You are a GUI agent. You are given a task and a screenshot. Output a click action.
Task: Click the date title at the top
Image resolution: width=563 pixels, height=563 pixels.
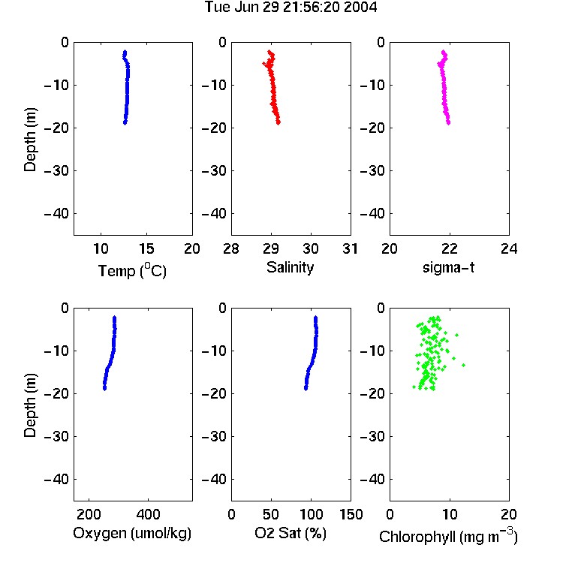click(291, 8)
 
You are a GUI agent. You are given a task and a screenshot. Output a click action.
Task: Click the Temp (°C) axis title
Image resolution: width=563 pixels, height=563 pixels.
click(132, 270)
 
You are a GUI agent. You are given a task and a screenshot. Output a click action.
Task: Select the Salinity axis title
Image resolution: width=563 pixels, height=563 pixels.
click(290, 268)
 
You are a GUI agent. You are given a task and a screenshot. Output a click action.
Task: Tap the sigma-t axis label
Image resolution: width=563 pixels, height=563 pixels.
click(448, 267)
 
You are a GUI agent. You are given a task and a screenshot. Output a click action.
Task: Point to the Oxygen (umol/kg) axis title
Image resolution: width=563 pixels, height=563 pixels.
click(132, 533)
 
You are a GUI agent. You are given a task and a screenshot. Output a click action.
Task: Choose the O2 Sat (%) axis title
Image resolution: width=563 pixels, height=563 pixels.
click(291, 533)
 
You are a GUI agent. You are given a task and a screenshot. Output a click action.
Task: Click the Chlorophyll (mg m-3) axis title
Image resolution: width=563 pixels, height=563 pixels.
click(448, 536)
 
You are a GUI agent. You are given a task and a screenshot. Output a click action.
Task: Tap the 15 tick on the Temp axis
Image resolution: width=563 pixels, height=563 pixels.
click(146, 248)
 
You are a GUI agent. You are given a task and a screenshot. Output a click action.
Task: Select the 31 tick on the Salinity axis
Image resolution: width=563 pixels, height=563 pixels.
click(350, 248)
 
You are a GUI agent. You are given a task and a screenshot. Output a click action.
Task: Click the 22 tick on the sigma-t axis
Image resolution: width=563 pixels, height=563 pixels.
click(449, 248)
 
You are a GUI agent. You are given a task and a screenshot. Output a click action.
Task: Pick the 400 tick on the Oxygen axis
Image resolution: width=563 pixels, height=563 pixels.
click(148, 514)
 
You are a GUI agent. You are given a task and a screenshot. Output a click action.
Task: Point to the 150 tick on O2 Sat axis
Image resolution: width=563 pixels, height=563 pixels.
click(351, 514)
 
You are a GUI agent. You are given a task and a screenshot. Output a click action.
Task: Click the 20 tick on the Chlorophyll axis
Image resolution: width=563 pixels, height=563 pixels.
click(509, 514)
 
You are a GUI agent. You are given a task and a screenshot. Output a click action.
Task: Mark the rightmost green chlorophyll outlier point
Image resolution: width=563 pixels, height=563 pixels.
click(464, 365)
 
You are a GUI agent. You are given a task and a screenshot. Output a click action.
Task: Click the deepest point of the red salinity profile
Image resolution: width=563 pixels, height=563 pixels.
click(278, 123)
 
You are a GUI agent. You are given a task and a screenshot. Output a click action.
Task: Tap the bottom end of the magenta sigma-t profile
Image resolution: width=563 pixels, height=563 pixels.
click(448, 123)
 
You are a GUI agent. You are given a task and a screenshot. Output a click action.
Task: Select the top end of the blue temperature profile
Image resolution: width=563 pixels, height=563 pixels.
click(125, 52)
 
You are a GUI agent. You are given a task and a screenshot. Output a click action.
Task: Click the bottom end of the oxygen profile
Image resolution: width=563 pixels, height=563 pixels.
click(104, 389)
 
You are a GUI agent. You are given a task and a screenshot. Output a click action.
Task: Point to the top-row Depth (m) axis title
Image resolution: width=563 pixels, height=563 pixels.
click(30, 140)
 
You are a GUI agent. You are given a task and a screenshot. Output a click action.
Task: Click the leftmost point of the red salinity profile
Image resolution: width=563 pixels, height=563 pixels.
click(264, 64)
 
